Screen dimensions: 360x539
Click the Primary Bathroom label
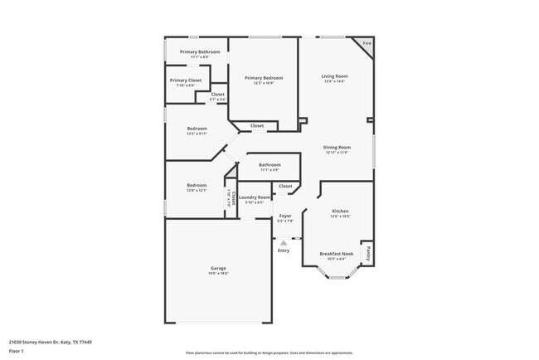(x=199, y=52)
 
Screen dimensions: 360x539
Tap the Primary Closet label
(x=186, y=80)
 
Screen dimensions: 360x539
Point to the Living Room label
(x=334, y=76)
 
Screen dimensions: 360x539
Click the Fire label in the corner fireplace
(x=367, y=43)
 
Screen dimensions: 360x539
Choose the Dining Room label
(x=337, y=148)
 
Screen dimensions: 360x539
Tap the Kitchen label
(x=341, y=212)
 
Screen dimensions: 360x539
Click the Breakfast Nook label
(x=337, y=254)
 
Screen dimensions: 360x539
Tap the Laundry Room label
(x=255, y=197)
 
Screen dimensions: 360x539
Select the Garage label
(x=217, y=268)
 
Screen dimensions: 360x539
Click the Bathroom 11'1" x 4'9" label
(x=269, y=165)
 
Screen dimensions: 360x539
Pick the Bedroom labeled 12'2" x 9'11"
(x=197, y=129)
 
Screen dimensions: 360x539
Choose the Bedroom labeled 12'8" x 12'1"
(x=197, y=185)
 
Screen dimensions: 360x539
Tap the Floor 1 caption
(x=17, y=351)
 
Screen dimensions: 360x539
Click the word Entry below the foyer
(x=284, y=251)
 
